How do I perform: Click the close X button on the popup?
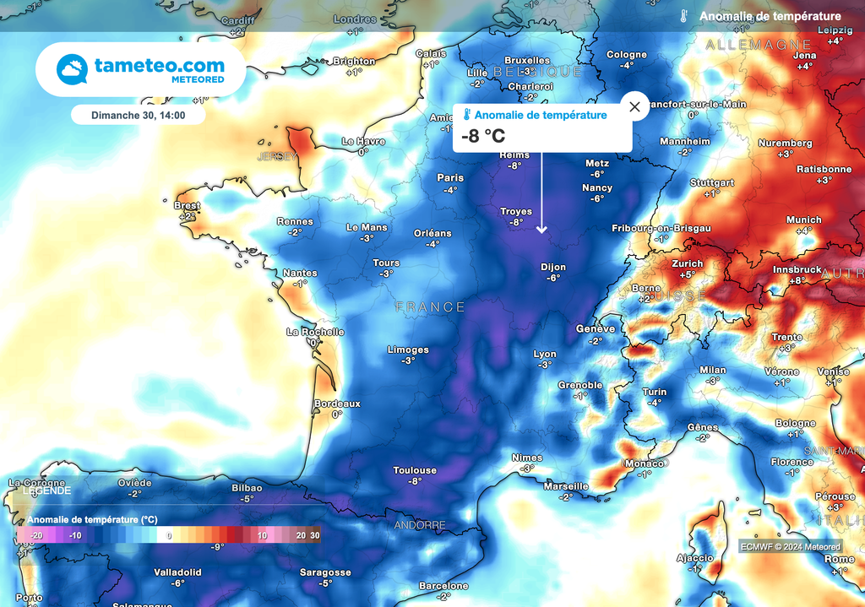pyautogui.click(x=634, y=107)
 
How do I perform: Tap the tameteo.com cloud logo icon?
pyautogui.click(x=72, y=69)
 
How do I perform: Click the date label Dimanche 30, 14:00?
pyautogui.click(x=138, y=115)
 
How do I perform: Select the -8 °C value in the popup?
pyautogui.click(x=483, y=136)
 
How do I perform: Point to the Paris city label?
pyautogui.click(x=450, y=178)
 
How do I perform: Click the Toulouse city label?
pyautogui.click(x=415, y=471)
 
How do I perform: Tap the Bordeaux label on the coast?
pyautogui.click(x=337, y=404)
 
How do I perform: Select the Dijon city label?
pyautogui.click(x=553, y=268)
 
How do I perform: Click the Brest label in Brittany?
pyautogui.click(x=187, y=206)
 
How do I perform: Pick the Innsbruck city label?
pyautogui.click(x=797, y=270)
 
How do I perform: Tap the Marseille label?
pyautogui.click(x=565, y=487)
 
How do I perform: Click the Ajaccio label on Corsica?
pyautogui.click(x=695, y=559)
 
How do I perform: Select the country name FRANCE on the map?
pyautogui.click(x=430, y=307)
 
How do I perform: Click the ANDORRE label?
pyautogui.click(x=420, y=525)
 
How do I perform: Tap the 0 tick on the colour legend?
pyautogui.click(x=169, y=535)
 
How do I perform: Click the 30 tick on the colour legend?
pyautogui.click(x=314, y=535)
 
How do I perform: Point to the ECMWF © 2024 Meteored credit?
pyautogui.click(x=791, y=547)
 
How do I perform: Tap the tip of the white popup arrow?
pyautogui.click(x=541, y=232)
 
